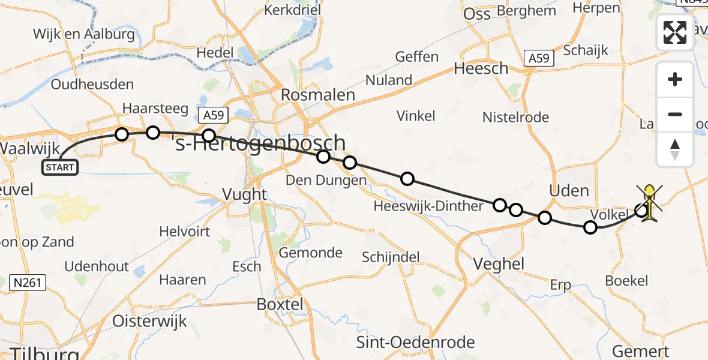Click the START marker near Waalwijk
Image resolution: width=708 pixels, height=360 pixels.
(x=60, y=167)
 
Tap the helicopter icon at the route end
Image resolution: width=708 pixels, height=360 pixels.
(x=650, y=203)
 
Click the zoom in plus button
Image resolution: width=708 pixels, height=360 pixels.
(x=675, y=79)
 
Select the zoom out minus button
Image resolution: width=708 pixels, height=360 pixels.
(x=675, y=114)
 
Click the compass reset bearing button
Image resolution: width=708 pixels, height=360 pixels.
(x=675, y=149)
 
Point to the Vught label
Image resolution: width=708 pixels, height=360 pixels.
(x=244, y=194)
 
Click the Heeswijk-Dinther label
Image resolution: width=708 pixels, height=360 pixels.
(x=428, y=206)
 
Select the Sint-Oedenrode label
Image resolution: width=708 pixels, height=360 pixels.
(x=415, y=343)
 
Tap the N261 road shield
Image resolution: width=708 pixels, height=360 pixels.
(x=29, y=282)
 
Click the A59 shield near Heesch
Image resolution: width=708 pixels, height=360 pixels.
(x=539, y=58)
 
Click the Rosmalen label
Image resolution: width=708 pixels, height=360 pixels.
(x=318, y=95)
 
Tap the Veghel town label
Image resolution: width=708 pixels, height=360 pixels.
(x=499, y=263)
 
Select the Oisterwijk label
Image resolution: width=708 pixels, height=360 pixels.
(x=151, y=321)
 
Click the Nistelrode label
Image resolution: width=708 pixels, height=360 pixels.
(x=515, y=117)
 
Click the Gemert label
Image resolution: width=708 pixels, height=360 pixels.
(x=640, y=351)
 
